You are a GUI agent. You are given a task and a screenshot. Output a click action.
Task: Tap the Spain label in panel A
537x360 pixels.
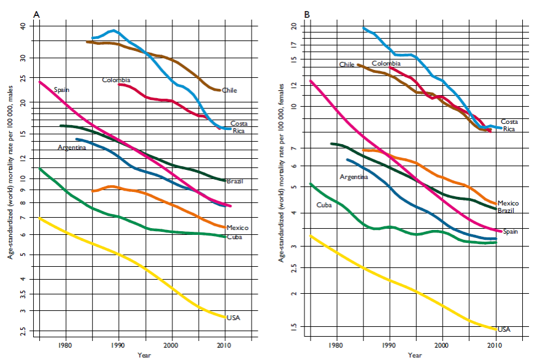click(x=61, y=90)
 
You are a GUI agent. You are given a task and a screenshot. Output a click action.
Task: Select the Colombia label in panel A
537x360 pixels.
click(x=116, y=80)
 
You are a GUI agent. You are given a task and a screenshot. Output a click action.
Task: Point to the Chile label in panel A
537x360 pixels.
click(x=230, y=90)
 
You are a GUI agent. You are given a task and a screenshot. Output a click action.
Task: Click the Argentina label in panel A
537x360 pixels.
click(x=72, y=148)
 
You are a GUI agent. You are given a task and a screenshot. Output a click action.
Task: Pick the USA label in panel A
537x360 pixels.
click(x=233, y=318)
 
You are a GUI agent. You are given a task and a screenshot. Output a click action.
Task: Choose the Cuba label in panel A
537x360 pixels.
click(x=233, y=237)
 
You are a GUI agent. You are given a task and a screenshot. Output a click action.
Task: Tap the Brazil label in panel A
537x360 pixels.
click(x=235, y=182)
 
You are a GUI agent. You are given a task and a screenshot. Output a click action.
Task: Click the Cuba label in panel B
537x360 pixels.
click(x=323, y=205)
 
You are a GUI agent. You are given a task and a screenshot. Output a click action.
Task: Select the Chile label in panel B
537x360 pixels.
click(x=347, y=64)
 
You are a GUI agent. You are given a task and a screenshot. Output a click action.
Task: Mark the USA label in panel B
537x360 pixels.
click(x=504, y=329)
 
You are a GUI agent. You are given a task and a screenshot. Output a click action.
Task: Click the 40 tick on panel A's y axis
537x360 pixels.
click(x=24, y=26)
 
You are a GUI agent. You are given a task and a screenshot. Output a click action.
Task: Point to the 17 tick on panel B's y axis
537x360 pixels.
click(x=293, y=45)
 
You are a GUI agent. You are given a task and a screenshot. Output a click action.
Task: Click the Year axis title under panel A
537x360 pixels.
click(x=144, y=355)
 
